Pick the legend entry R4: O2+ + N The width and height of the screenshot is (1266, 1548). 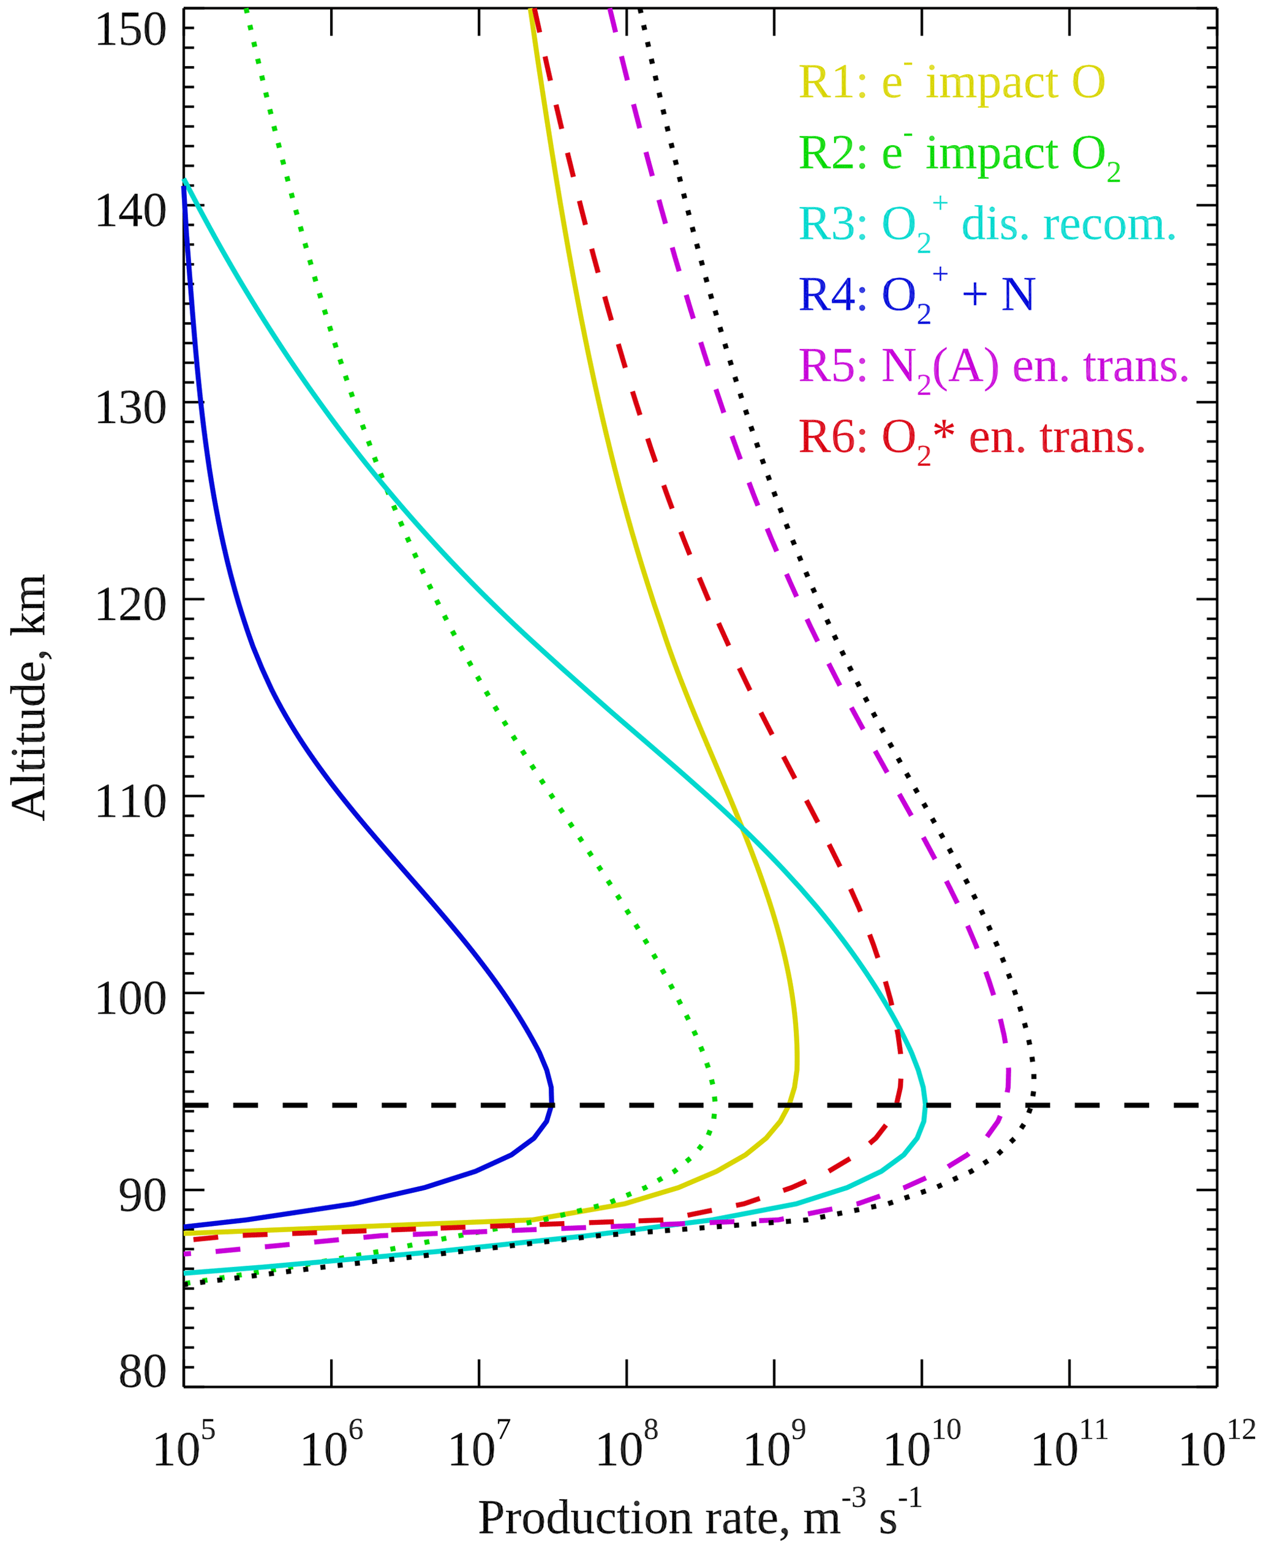[x=917, y=296]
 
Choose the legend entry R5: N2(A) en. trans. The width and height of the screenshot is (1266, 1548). [x=994, y=367]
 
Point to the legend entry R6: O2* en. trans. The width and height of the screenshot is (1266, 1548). [x=972, y=438]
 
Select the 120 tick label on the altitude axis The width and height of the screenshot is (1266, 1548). [x=131, y=605]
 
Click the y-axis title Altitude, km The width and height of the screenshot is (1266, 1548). [x=29, y=697]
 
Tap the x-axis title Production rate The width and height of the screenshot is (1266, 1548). [x=700, y=1517]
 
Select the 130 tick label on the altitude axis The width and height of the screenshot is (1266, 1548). [x=131, y=408]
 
